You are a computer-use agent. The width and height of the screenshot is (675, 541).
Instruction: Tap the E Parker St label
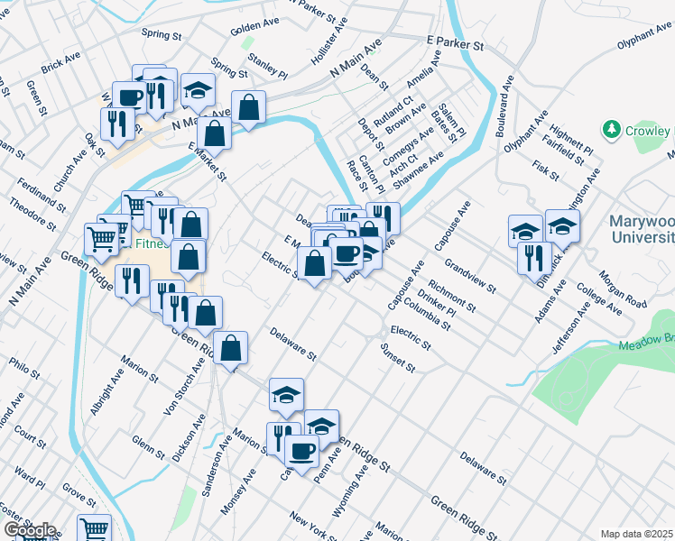456,43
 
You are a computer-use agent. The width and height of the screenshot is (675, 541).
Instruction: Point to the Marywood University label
641,229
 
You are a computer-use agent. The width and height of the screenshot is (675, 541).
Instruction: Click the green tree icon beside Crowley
613,130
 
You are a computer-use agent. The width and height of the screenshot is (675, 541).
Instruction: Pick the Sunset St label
397,357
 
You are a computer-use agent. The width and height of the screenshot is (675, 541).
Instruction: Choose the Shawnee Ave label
424,169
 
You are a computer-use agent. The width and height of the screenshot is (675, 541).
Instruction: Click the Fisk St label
547,169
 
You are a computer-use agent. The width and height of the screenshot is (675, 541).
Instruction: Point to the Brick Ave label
61,63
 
